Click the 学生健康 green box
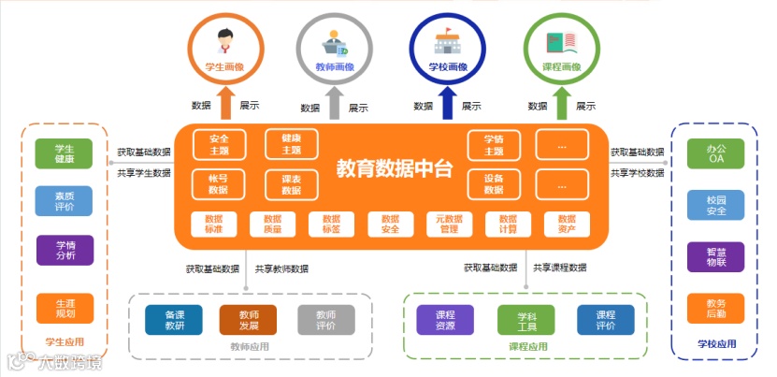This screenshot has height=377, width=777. tap(65, 154)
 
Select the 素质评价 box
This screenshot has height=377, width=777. tap(65, 201)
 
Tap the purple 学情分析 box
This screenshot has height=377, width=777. tap(65, 250)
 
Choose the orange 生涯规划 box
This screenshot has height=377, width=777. tap(65, 309)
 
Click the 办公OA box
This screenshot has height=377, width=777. tap(715, 154)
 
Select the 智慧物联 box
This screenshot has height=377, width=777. tap(715, 256)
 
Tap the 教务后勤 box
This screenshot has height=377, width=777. tap(715, 309)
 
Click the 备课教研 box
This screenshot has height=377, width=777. tap(174, 320)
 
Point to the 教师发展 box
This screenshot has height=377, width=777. tap(249, 320)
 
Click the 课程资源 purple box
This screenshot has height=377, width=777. tap(445, 320)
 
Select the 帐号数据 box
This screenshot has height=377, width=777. tap(218, 183)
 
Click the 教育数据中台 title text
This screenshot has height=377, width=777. tap(394, 169)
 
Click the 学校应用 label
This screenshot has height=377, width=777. tap(716, 344)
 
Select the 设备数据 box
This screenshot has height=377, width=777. tap(494, 183)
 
